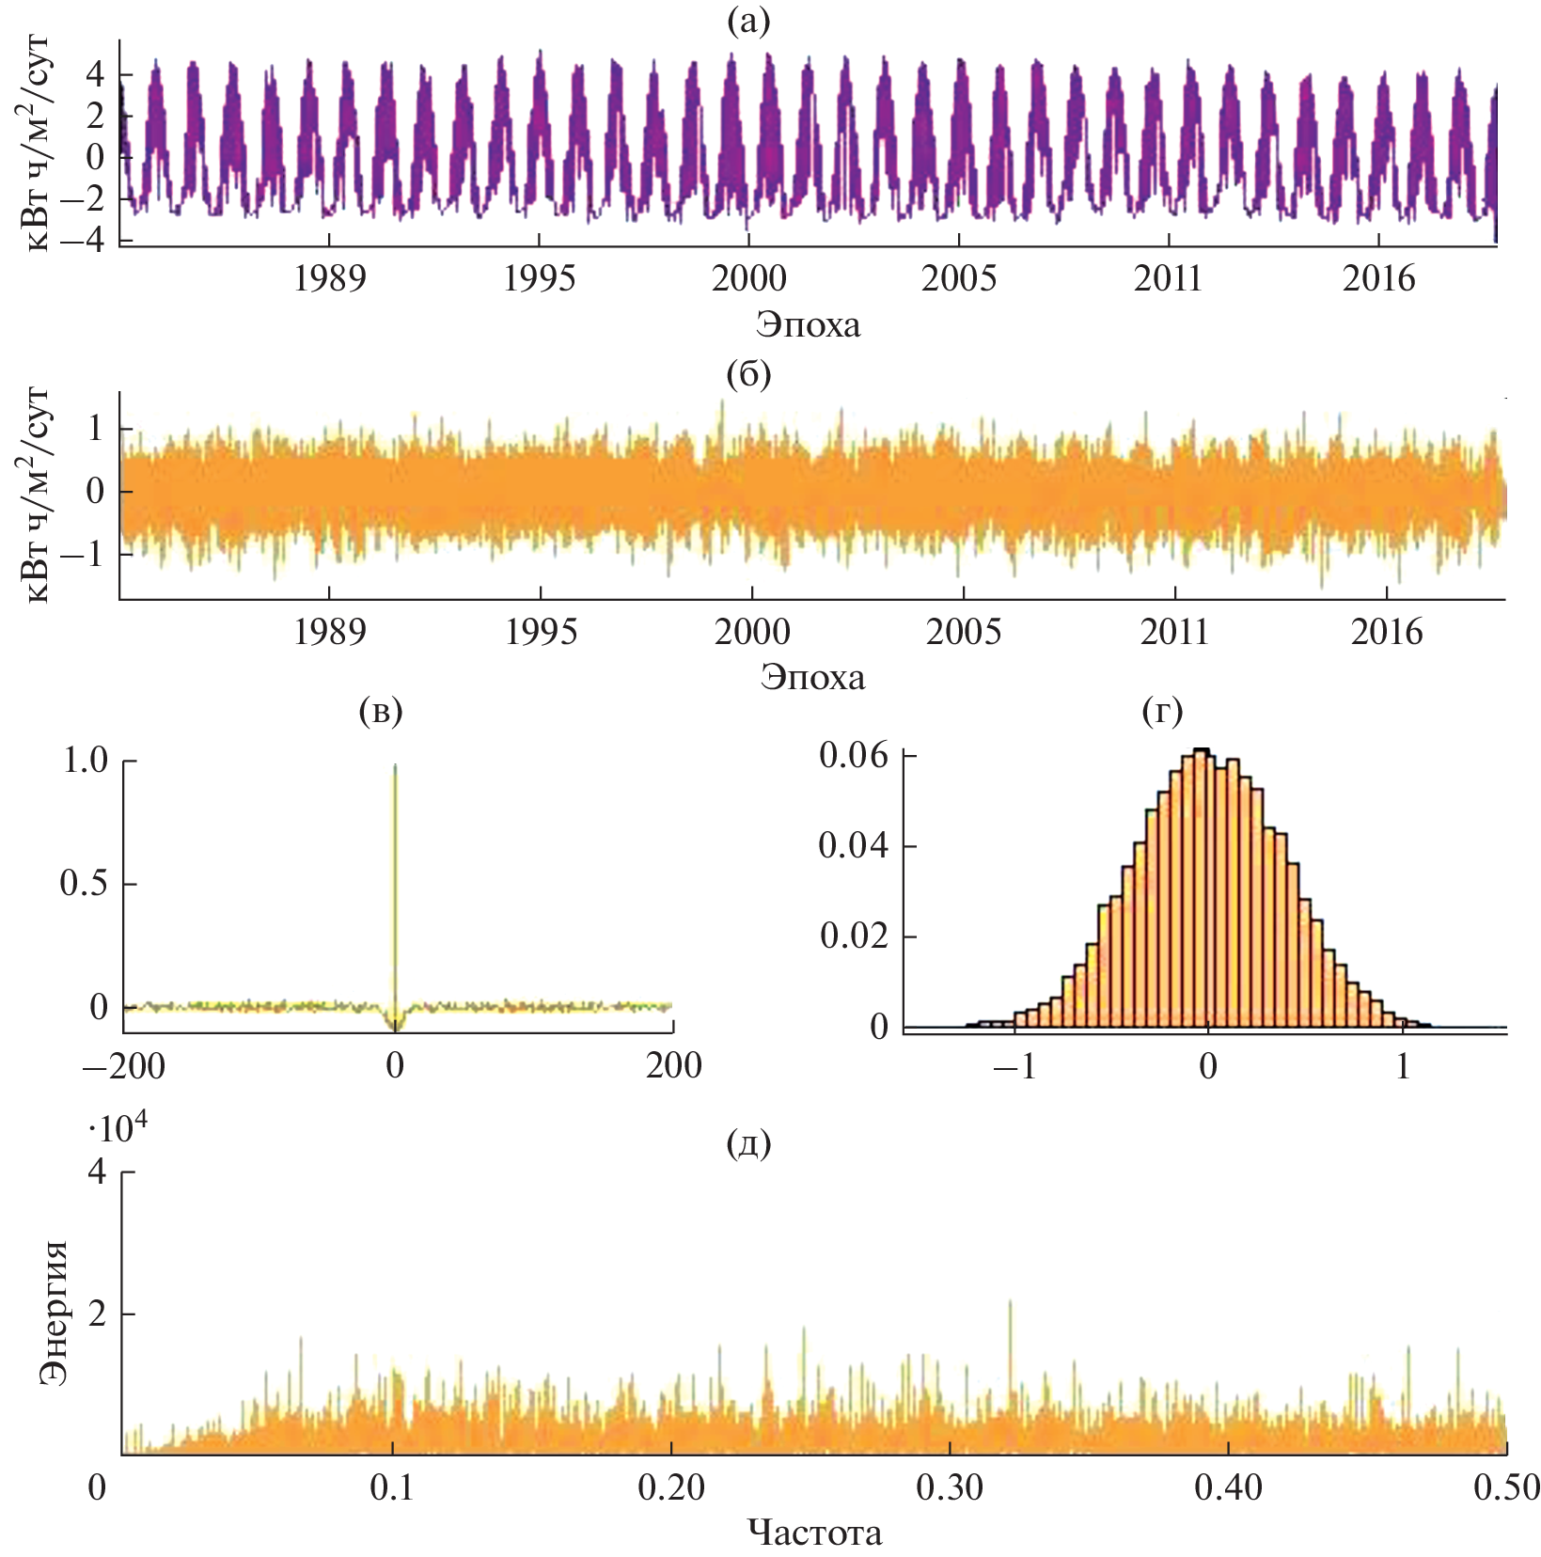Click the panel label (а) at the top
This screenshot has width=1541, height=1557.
[x=748, y=22]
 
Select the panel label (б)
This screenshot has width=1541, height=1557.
[x=748, y=374]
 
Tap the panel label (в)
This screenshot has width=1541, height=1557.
[x=381, y=711]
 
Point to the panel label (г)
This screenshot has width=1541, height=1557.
[x=1162, y=711]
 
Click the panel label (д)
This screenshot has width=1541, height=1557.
[x=749, y=1143]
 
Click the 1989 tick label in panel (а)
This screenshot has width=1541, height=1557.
[x=329, y=278]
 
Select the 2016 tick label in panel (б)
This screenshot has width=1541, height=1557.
[x=1387, y=632]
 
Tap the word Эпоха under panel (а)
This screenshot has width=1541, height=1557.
[x=808, y=324]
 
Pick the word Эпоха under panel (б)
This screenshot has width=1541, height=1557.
[x=812, y=677]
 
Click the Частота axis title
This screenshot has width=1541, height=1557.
[x=815, y=1533]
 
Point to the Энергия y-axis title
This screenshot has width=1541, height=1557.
[x=54, y=1313]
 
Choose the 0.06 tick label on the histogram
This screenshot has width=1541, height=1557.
[x=854, y=755]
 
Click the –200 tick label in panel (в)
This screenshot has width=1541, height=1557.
[x=123, y=1065]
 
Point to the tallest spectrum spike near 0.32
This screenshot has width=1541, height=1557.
[x=1011, y=1302]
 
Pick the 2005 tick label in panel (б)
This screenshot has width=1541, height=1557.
[x=964, y=632]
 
